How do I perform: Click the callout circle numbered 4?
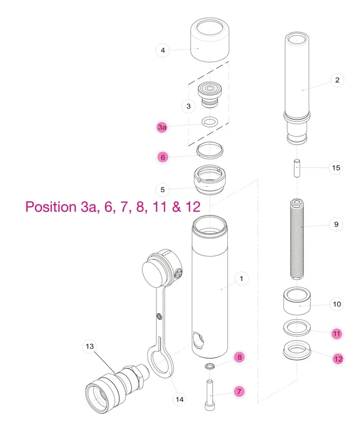(x=163, y=50)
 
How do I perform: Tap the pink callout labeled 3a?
(x=162, y=127)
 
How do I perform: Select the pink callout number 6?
(x=163, y=157)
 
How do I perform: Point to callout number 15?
(x=336, y=167)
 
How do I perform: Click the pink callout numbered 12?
(x=338, y=359)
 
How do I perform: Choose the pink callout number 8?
(x=240, y=357)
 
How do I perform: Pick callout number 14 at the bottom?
(x=180, y=399)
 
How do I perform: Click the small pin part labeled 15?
(x=297, y=168)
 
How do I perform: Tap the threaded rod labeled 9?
(x=297, y=239)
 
